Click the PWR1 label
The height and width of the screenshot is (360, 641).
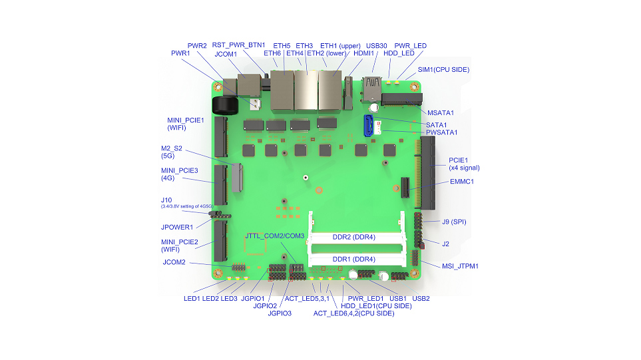tap(180, 53)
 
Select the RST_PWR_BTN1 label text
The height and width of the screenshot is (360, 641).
tap(238, 45)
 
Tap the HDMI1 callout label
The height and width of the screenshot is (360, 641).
tap(364, 53)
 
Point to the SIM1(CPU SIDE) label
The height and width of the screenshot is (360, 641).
tap(443, 70)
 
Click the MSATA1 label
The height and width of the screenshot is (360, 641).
tap(440, 112)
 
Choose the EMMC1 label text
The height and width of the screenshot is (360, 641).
tap(462, 182)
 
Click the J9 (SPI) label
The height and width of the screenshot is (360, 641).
tap(454, 222)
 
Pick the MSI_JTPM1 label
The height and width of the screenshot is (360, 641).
tap(460, 266)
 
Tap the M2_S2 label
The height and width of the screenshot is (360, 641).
tap(172, 148)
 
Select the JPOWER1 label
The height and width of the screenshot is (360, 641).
tap(177, 227)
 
